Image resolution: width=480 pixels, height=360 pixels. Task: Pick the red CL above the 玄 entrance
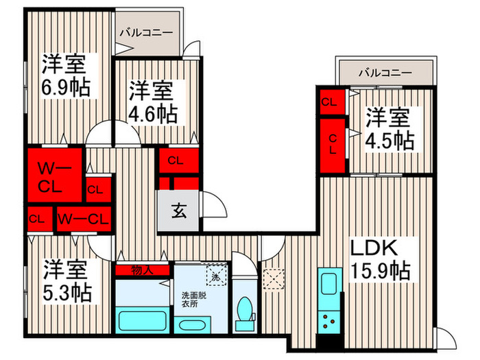(176, 162)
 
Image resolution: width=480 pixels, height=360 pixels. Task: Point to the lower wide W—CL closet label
(83, 219)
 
